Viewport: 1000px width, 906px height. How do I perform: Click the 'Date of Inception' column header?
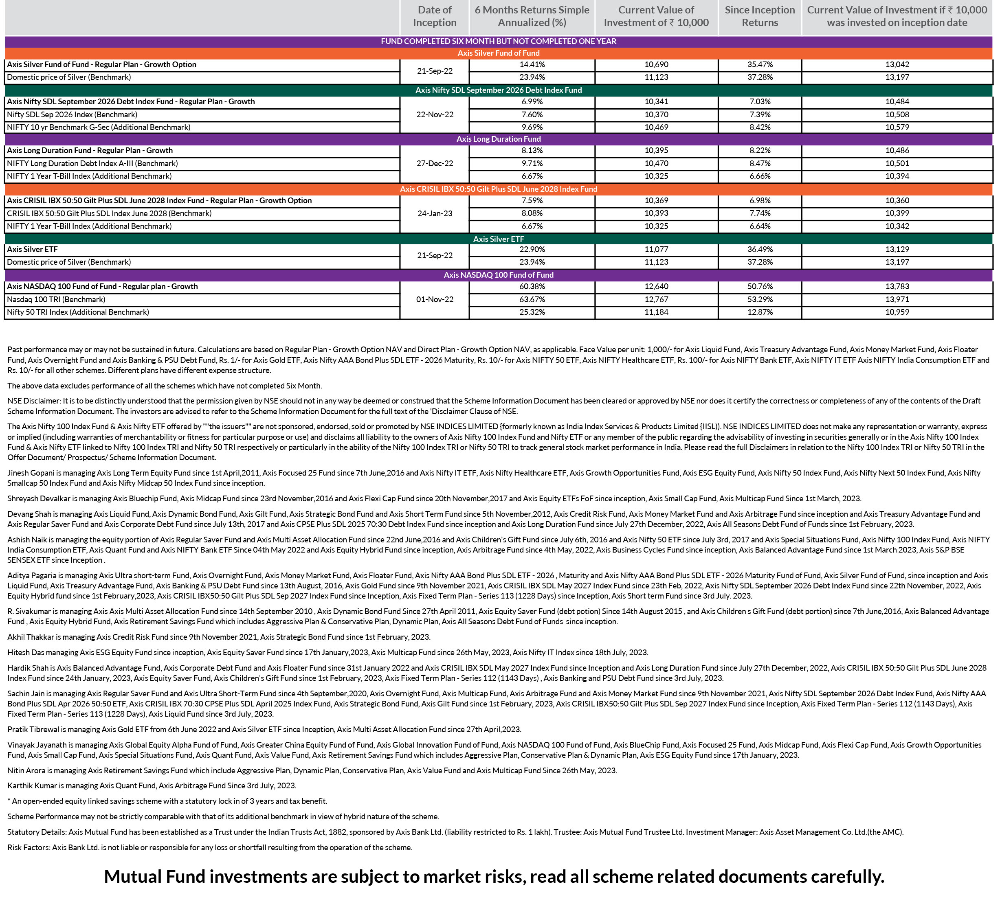(435, 16)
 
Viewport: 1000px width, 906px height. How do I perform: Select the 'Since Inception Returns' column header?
(759, 16)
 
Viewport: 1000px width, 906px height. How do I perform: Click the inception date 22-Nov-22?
(435, 114)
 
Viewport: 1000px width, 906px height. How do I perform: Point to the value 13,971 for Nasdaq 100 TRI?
(897, 300)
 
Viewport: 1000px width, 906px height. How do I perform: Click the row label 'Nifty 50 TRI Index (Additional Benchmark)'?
(78, 312)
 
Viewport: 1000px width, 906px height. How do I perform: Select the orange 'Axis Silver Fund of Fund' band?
(499, 53)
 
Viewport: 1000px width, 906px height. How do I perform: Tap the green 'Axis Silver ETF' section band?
(499, 239)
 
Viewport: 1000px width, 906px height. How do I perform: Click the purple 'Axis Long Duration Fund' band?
(499, 139)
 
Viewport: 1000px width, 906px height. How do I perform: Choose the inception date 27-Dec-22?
(435, 163)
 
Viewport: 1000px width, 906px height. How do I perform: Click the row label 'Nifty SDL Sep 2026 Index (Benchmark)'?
(72, 114)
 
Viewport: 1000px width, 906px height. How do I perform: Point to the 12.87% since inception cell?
(759, 312)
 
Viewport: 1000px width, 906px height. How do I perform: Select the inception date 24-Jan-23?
(435, 213)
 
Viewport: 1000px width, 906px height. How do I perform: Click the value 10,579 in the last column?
(897, 127)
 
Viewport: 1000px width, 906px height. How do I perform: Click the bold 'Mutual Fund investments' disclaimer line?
(494, 876)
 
